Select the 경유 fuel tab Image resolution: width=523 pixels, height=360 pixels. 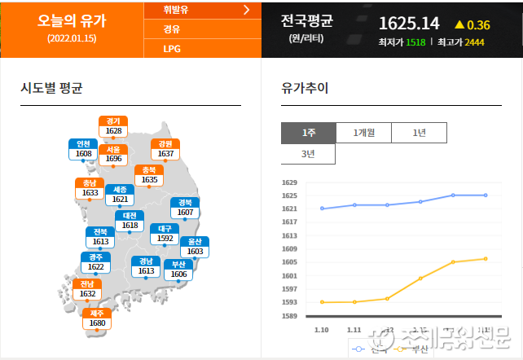pyautogui.click(x=172, y=29)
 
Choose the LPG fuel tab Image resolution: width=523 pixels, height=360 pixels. pyautogui.click(x=172, y=48)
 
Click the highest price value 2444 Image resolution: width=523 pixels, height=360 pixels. pyautogui.click(x=475, y=42)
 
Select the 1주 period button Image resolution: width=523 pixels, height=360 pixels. pyautogui.click(x=309, y=133)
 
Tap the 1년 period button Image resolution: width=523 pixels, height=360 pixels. pyautogui.click(x=419, y=133)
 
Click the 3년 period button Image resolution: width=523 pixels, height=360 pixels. pyautogui.click(x=309, y=153)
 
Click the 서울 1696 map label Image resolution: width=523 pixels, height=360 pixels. pyautogui.click(x=113, y=154)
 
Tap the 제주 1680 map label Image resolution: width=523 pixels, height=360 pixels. pyautogui.click(x=97, y=318)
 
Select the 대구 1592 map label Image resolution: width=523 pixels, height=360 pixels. pyautogui.click(x=165, y=234)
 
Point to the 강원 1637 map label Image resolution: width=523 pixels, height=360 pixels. pyautogui.click(x=165, y=149)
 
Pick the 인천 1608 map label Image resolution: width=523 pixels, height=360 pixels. pyautogui.click(x=84, y=149)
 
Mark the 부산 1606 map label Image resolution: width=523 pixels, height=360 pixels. pyautogui.click(x=179, y=270)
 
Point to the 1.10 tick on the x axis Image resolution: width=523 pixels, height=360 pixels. pyautogui.click(x=321, y=329)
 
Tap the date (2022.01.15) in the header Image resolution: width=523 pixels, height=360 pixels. pyautogui.click(x=72, y=38)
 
